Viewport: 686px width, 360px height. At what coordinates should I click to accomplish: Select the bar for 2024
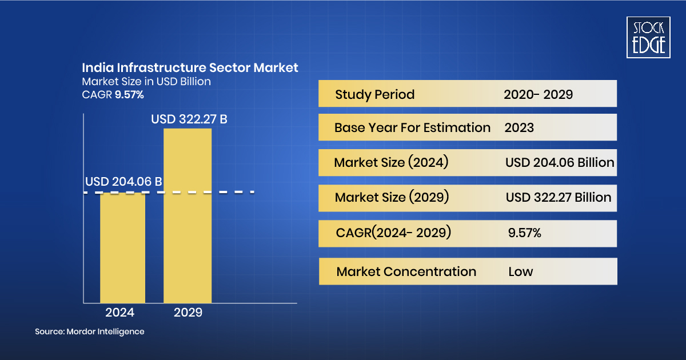[122, 249]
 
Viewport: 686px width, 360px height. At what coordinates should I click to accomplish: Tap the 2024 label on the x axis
[120, 313]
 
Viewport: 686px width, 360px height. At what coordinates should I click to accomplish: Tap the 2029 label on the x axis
[188, 313]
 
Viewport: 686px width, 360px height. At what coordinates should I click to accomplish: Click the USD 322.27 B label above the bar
[189, 119]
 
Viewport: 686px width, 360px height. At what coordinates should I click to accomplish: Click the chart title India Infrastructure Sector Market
[190, 67]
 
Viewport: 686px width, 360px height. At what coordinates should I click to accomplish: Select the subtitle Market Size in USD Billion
[146, 81]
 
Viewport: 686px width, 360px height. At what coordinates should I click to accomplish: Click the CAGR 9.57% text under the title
[113, 94]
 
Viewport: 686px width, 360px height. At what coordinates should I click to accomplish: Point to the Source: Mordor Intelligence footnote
[90, 331]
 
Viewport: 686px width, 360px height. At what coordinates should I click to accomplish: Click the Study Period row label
[374, 94]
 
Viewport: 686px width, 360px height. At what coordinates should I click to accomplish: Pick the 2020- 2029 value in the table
[538, 94]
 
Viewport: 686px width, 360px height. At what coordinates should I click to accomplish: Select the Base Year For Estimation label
[412, 127]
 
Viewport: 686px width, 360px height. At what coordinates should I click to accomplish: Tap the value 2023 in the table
[519, 127]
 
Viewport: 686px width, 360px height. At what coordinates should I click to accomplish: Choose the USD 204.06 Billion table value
[559, 163]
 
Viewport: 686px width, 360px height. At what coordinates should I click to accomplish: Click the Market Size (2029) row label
[392, 197]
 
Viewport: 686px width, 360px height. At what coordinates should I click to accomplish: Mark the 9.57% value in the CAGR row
[524, 233]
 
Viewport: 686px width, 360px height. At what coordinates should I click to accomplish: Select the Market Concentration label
[406, 271]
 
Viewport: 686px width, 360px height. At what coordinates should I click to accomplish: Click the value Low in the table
[520, 271]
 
